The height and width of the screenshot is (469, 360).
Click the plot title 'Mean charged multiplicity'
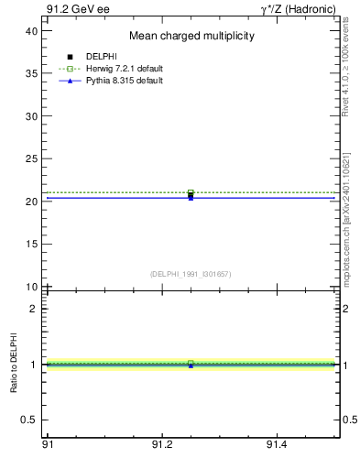coord(191,37)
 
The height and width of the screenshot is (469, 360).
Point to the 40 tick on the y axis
coord(31,30)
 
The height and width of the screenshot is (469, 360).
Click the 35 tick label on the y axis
coord(31,73)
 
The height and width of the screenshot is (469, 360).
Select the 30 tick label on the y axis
coord(31,116)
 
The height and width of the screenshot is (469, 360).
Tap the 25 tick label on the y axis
coord(31,158)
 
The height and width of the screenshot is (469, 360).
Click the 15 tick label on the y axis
coord(31,245)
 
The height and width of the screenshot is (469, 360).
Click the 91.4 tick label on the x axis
coord(277,443)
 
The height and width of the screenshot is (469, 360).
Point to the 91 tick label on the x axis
coord(48,443)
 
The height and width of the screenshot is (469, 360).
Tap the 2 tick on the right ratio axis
coord(345,309)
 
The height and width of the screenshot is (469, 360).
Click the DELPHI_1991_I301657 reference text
coord(191,274)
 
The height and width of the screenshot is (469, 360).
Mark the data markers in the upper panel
coord(191,194)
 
